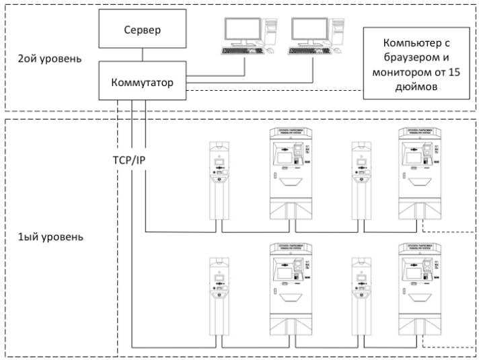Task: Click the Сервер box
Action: pyautogui.click(x=142, y=30)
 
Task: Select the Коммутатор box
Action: pyautogui.click(x=142, y=83)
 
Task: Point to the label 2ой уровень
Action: pyautogui.click(x=50, y=59)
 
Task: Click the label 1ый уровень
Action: pyautogui.click(x=50, y=238)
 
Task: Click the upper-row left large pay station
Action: pyautogui.click(x=291, y=172)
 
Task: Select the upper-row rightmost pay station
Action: pyautogui.click(x=421, y=172)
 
